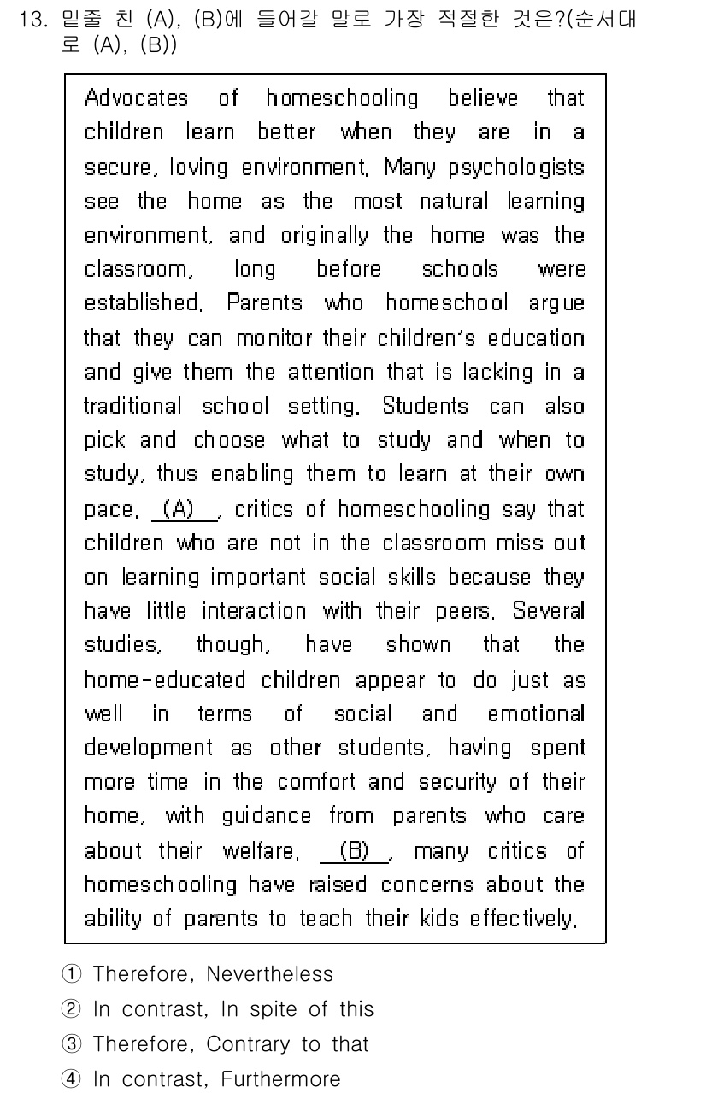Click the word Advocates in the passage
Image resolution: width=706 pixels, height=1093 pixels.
pos(136,98)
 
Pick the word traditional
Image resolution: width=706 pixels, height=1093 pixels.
pos(132,406)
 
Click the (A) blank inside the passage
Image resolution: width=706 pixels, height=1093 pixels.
pos(184,509)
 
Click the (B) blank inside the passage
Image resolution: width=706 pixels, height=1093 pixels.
pos(354,851)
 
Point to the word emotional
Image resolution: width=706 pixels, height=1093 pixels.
pos(536,714)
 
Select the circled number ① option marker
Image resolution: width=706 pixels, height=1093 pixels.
pos(71,974)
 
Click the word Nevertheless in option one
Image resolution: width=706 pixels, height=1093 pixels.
pos(269,974)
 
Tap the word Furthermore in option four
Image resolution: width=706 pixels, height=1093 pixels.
pos(280,1079)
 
